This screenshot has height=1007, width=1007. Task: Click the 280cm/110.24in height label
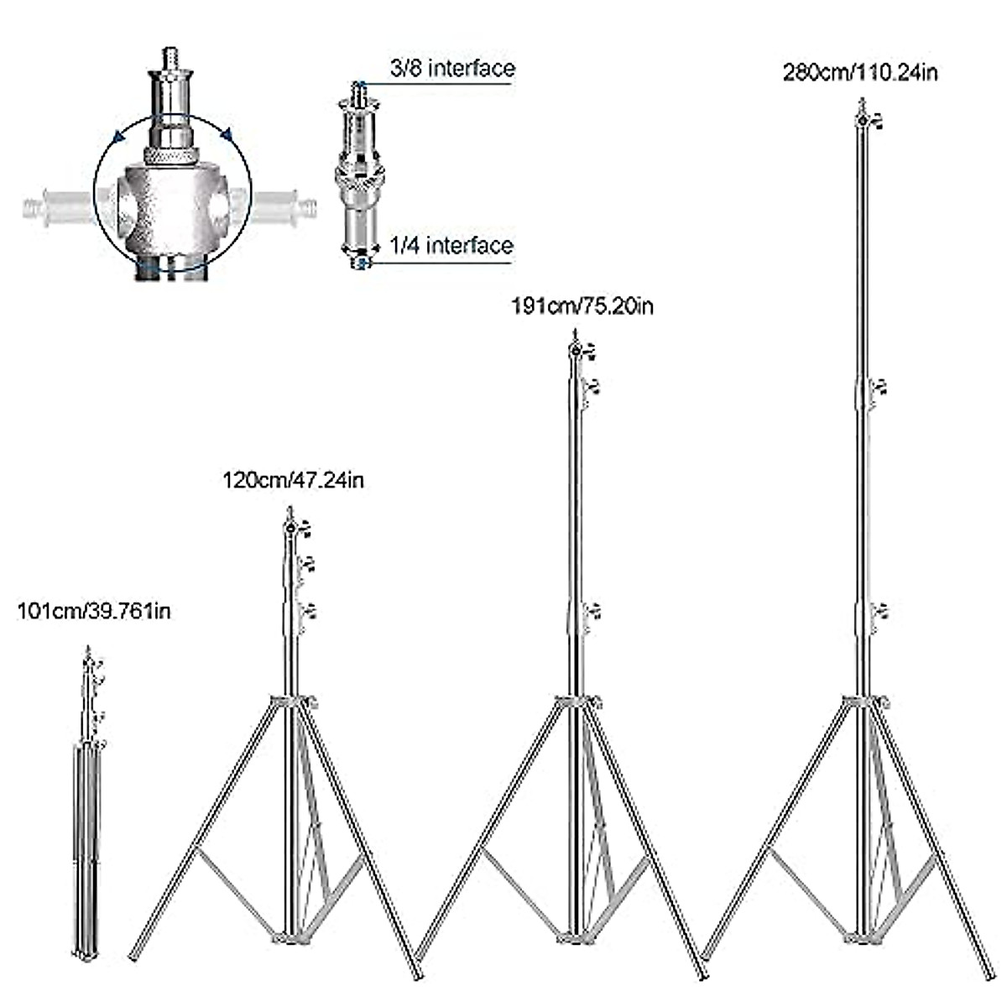860,72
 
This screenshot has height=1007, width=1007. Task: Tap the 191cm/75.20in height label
582,305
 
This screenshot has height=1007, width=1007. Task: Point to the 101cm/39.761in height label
94,610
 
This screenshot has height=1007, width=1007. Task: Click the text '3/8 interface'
452,67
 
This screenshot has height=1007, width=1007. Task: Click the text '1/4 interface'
451,245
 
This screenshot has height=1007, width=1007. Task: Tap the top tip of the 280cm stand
862,102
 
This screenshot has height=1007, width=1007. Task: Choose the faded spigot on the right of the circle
285,204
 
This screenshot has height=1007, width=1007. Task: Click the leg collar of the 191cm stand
576,702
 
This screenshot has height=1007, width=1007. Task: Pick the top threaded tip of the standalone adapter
359,86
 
